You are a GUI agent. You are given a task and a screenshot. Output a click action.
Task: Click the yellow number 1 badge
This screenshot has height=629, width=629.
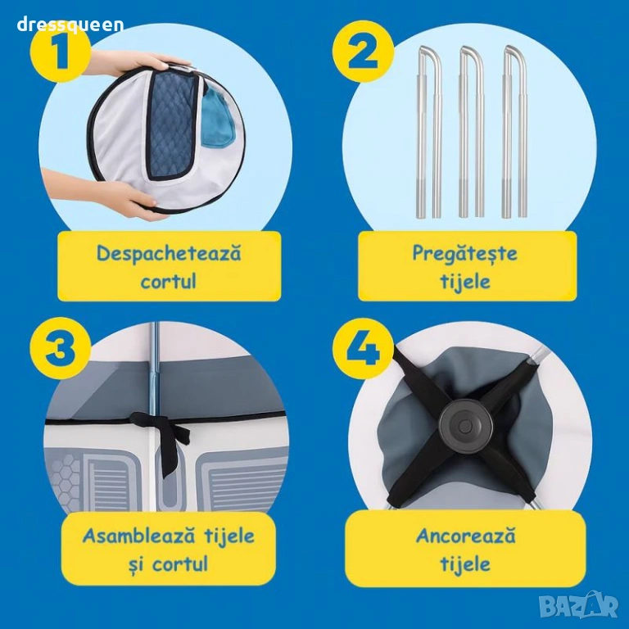(59, 53)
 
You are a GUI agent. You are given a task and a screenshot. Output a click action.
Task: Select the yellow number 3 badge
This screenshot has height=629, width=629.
(61, 348)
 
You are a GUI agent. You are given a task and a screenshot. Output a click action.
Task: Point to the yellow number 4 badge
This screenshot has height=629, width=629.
(363, 348)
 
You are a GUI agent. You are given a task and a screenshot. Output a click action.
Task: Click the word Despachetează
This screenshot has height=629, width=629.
(169, 254)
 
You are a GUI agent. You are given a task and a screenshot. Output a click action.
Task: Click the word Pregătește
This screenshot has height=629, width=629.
(465, 254)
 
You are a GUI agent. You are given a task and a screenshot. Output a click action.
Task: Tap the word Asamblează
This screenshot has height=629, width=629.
(136, 536)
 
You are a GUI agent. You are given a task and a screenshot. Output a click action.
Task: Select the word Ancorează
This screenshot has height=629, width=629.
(465, 536)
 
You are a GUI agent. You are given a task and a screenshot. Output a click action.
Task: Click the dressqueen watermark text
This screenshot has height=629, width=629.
(70, 25)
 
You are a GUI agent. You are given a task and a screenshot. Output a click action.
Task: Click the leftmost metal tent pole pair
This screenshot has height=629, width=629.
(429, 133)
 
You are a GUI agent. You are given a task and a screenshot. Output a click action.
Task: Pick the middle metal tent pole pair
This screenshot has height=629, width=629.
(472, 133)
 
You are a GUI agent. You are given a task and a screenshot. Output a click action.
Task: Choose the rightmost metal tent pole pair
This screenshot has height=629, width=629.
(514, 133)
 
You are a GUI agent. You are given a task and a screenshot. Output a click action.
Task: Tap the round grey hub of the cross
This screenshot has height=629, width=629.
(464, 426)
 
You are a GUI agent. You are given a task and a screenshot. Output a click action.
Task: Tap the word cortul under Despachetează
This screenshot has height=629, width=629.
(169, 281)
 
